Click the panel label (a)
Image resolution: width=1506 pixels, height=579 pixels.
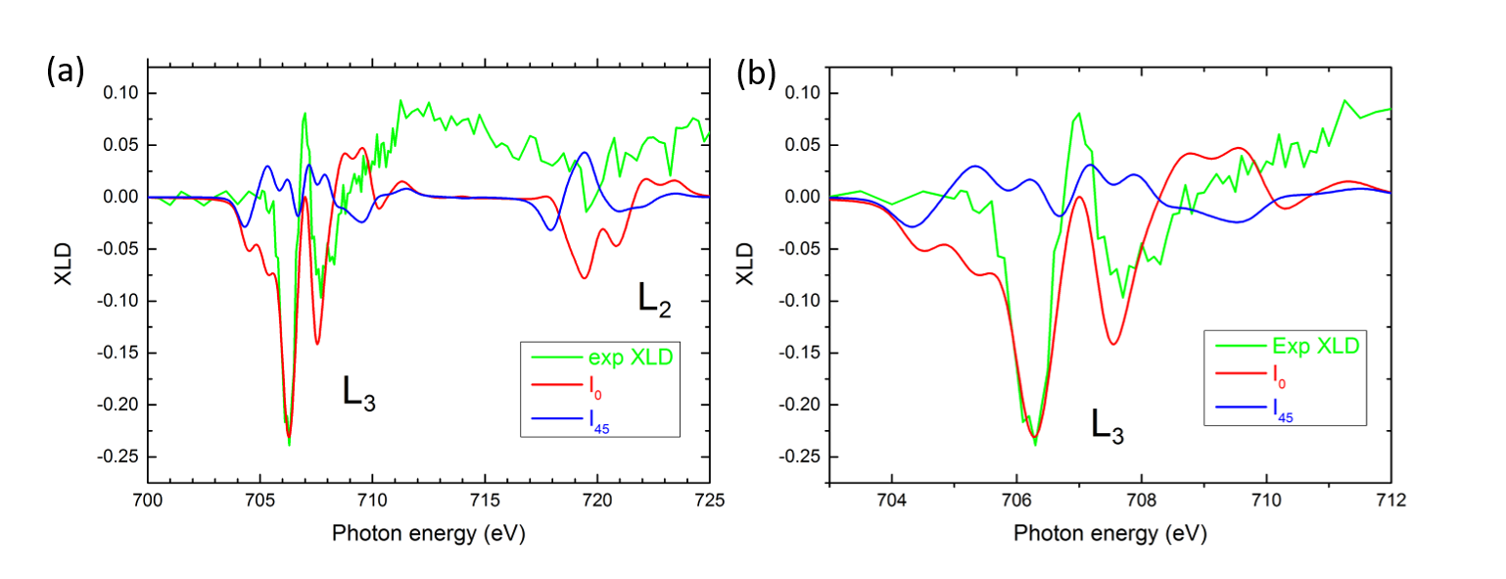(66, 71)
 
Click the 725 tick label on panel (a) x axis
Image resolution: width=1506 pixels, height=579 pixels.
(709, 501)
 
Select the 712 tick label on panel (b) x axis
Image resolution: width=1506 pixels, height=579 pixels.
(1390, 501)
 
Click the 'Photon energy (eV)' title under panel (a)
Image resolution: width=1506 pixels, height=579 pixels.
(428, 533)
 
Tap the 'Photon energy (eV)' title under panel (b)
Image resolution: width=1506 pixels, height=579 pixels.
(1109, 533)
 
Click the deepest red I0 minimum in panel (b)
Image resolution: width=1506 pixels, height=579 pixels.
(1034, 437)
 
